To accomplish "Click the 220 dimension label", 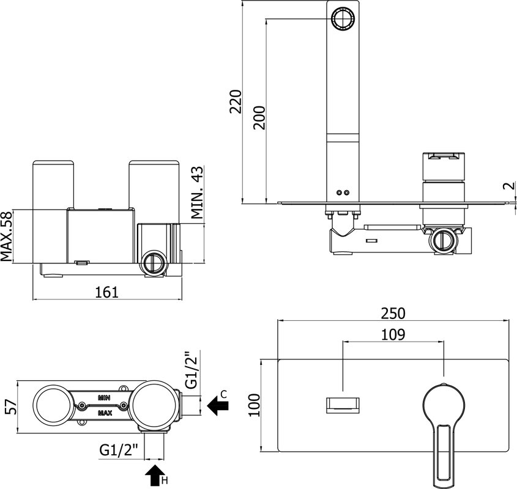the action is (x=236, y=101).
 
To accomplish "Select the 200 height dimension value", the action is (x=259, y=117).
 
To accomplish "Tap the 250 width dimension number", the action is (x=393, y=314).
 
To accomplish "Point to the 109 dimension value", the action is (x=393, y=334).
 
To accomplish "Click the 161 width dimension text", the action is (x=107, y=292).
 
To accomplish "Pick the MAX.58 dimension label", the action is (x=6, y=237).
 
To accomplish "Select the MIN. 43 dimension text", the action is (x=197, y=193).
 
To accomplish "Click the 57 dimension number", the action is (x=11, y=406).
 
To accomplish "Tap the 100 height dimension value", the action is (x=254, y=405).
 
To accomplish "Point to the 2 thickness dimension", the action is (x=509, y=186).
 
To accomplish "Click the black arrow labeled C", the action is (x=218, y=406).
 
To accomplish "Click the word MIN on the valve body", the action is (x=104, y=398).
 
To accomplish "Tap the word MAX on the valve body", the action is (x=105, y=413).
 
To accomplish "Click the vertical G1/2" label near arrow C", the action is (x=192, y=370).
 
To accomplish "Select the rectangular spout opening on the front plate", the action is (x=343, y=405).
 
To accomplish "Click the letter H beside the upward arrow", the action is (x=165, y=481).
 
